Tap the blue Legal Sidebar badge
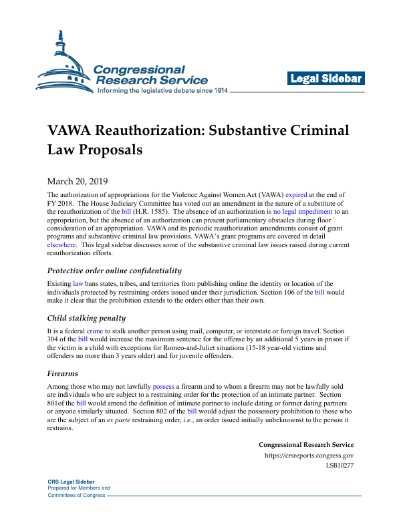click(x=325, y=79)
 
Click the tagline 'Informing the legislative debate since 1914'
click(x=163, y=90)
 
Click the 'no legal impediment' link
click(x=303, y=211)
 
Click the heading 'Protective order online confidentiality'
click(x=114, y=271)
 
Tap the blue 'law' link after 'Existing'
click(x=78, y=284)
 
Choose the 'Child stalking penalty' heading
click(x=86, y=318)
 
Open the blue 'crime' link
click(x=94, y=331)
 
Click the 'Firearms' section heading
click(x=62, y=373)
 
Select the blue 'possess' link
click(x=163, y=387)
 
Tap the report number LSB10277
click(x=340, y=465)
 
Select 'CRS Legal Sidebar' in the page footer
click(x=71, y=482)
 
